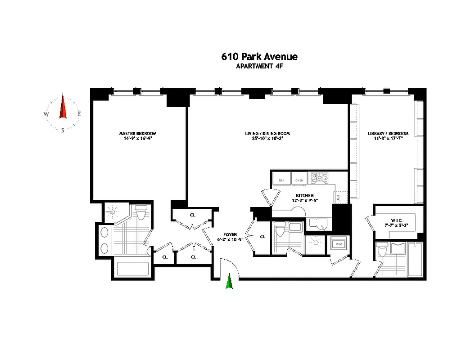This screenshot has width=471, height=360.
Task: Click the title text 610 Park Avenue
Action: [x=259, y=57]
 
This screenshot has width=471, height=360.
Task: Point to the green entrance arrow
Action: [x=229, y=282]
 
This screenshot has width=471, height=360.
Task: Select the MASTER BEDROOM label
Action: [x=138, y=134]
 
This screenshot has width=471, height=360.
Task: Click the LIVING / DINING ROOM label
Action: [x=267, y=134]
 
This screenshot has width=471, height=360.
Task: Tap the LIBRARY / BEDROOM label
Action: [x=388, y=134]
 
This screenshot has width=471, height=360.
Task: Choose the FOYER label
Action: [x=230, y=234]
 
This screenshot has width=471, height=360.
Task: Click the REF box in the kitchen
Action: [x=281, y=180]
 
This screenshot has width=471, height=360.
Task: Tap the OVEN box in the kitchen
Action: [x=299, y=180]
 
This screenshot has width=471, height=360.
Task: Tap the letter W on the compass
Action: [x=46, y=114]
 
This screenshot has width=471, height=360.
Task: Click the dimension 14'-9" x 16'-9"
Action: [x=138, y=139]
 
